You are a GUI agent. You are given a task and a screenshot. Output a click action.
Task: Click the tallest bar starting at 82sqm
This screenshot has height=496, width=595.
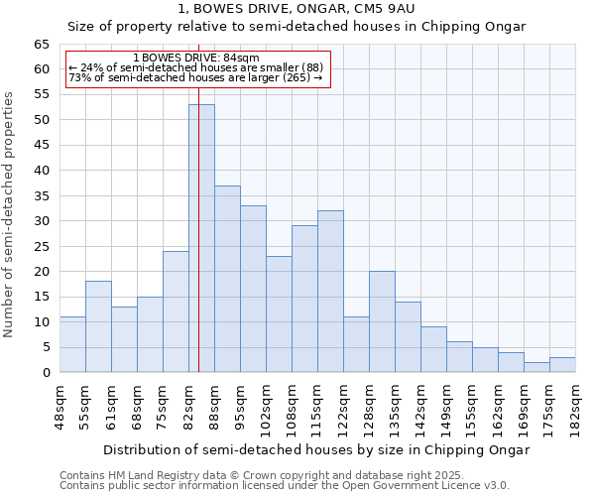point(201,238)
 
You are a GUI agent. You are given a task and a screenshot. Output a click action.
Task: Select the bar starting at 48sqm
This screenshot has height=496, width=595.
point(72,344)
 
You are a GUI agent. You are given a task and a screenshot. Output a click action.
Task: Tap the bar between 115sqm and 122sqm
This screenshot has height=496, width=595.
point(330,292)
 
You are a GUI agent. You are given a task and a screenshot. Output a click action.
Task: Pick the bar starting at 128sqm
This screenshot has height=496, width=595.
point(382,321)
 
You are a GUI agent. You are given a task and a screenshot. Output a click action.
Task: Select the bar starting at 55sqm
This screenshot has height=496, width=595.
point(98,326)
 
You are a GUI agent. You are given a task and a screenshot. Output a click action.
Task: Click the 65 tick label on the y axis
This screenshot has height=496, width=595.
point(41,45)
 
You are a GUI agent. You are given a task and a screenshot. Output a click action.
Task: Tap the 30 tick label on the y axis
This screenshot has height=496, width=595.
point(41,221)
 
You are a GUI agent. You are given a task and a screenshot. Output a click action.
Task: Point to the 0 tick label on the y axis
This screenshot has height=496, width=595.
point(45,373)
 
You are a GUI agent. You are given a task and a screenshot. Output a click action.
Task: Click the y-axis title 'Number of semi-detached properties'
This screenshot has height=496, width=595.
point(9,213)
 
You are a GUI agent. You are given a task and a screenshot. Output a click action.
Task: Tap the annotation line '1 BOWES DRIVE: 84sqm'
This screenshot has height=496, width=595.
point(195,59)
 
